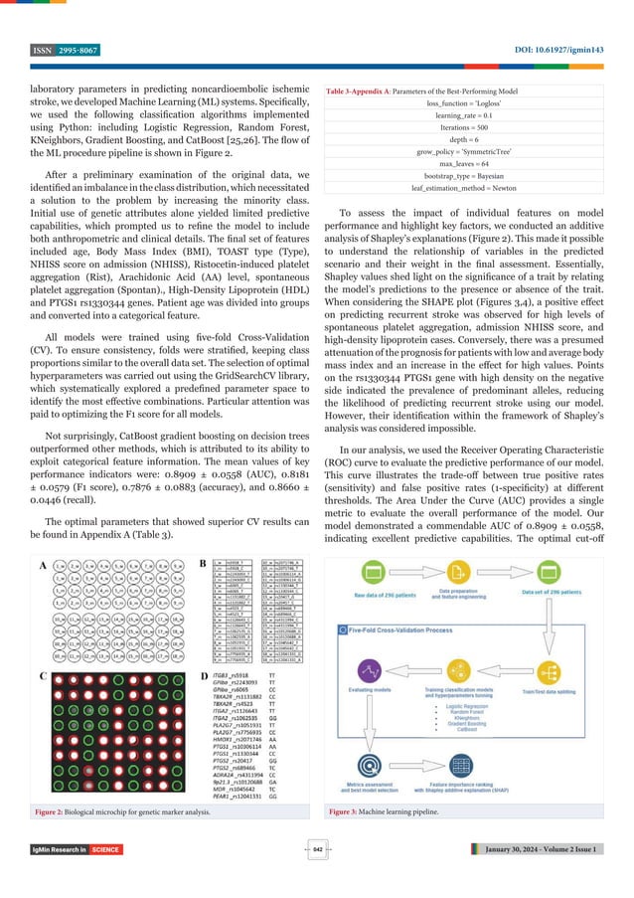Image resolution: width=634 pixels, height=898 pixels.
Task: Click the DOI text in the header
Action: point(551,50)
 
